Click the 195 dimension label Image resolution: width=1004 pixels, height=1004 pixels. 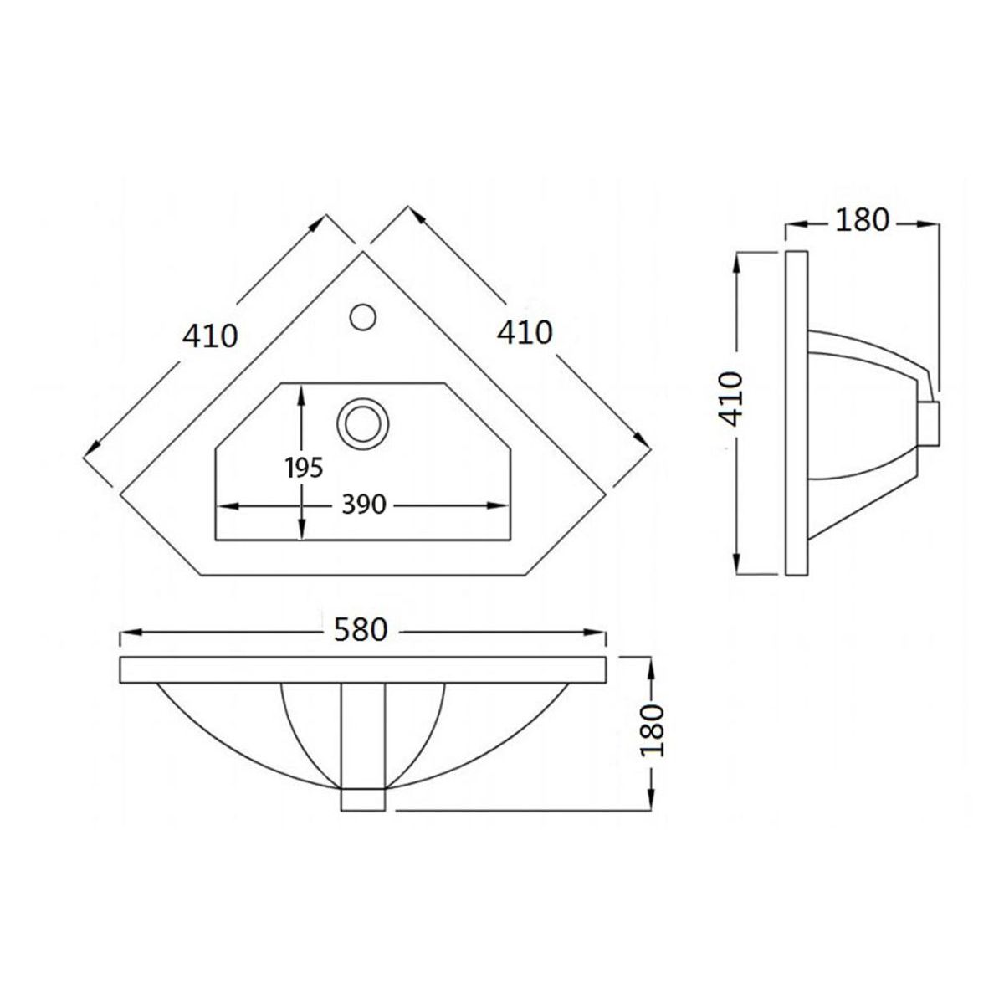[305, 468]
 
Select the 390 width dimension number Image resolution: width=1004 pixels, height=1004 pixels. [364, 505]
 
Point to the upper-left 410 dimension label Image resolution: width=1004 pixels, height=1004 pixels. [210, 336]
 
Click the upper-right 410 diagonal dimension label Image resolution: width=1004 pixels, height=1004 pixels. [524, 332]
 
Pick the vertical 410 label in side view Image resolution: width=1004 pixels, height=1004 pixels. [729, 399]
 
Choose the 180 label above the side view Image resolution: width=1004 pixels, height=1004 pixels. [863, 220]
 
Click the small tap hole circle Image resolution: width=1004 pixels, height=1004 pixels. [362, 316]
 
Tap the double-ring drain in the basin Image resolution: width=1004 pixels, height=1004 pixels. [362, 423]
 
